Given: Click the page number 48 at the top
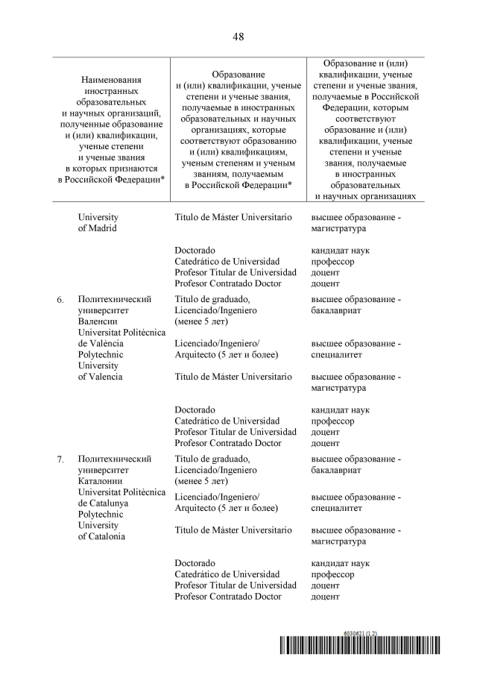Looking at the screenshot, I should (x=238, y=36).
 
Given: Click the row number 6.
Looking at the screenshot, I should (x=60, y=300).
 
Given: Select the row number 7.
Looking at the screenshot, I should (x=60, y=459).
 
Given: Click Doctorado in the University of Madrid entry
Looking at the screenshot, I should (x=195, y=251).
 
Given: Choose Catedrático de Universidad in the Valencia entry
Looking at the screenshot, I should (x=227, y=421).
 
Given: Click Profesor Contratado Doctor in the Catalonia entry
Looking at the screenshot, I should (x=228, y=596).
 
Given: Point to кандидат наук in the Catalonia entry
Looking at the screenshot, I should (x=340, y=563).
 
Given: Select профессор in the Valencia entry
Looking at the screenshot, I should (x=332, y=421).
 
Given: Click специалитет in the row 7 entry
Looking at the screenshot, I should (x=337, y=508).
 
